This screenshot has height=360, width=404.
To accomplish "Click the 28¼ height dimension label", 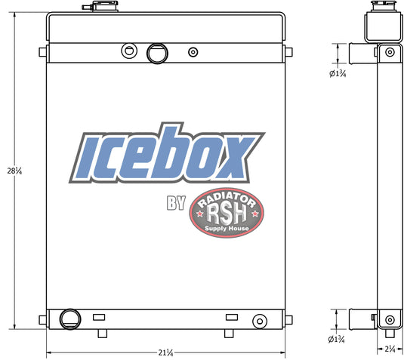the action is pos(14,171).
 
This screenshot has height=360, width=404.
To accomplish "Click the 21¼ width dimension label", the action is pos(165,352).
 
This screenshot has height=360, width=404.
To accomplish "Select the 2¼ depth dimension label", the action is pos(390,349).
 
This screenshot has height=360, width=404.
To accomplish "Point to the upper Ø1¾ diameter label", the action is pos(338,73).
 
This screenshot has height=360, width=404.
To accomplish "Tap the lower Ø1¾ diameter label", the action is pos(336,339).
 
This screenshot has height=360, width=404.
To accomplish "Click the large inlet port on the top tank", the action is pos(157,54).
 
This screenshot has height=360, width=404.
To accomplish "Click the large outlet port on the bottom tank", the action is pos(70,318).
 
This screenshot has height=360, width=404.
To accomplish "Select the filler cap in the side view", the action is pos(383,7).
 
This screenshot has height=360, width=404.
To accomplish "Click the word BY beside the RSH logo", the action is pos(176,203).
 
